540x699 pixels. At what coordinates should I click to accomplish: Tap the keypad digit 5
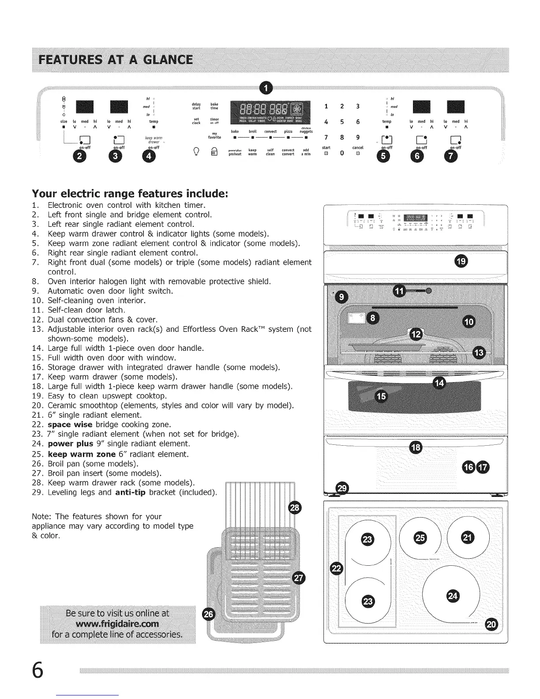(x=341, y=122)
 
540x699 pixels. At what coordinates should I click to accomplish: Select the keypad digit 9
(x=358, y=137)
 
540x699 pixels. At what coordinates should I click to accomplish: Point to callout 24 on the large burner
(x=452, y=596)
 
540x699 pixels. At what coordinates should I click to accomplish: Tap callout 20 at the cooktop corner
(x=491, y=623)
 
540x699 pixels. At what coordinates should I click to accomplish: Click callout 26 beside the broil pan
(x=207, y=614)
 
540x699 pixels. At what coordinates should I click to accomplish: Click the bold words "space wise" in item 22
(x=70, y=425)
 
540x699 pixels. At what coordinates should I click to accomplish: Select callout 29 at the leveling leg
(x=342, y=488)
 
